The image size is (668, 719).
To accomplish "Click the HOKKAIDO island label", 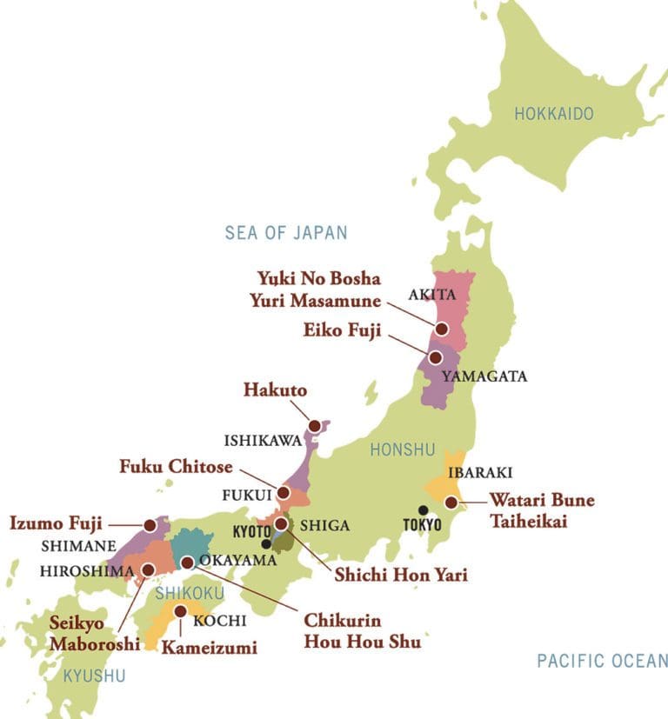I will [553, 114].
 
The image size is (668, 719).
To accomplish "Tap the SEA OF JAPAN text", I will [286, 233].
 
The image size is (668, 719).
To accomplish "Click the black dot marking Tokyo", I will [424, 510].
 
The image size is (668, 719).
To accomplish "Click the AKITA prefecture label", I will [433, 294].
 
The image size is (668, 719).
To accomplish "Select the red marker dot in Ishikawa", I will [312, 427].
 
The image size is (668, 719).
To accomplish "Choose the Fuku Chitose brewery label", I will [177, 467].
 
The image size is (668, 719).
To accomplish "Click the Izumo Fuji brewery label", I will [56, 524].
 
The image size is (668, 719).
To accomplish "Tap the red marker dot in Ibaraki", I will [451, 502].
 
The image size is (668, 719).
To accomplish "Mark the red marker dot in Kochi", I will [179, 611].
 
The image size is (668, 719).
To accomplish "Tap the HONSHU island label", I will [402, 449].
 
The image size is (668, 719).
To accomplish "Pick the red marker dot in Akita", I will [442, 329].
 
